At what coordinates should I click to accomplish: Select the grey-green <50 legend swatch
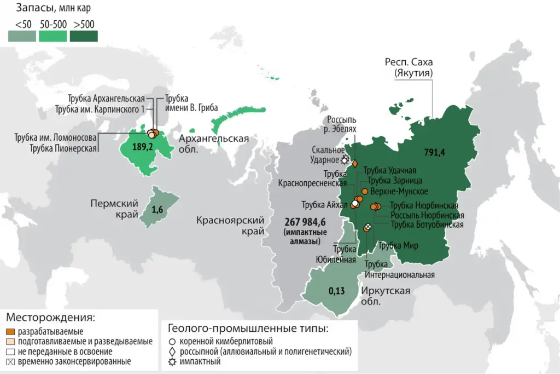[x=22, y=36]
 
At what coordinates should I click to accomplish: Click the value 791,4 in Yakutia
[x=435, y=151]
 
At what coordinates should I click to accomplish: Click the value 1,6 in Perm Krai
[x=157, y=209]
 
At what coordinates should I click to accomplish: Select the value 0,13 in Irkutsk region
[x=336, y=291]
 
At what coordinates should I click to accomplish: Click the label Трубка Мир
[x=398, y=246]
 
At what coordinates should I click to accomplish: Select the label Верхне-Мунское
[x=399, y=191]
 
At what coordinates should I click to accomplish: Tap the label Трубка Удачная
[x=392, y=170]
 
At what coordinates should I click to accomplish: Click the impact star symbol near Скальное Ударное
[x=345, y=160]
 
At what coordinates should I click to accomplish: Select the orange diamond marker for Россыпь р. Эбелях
[x=354, y=163]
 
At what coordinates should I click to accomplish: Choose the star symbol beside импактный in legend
[x=173, y=361]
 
